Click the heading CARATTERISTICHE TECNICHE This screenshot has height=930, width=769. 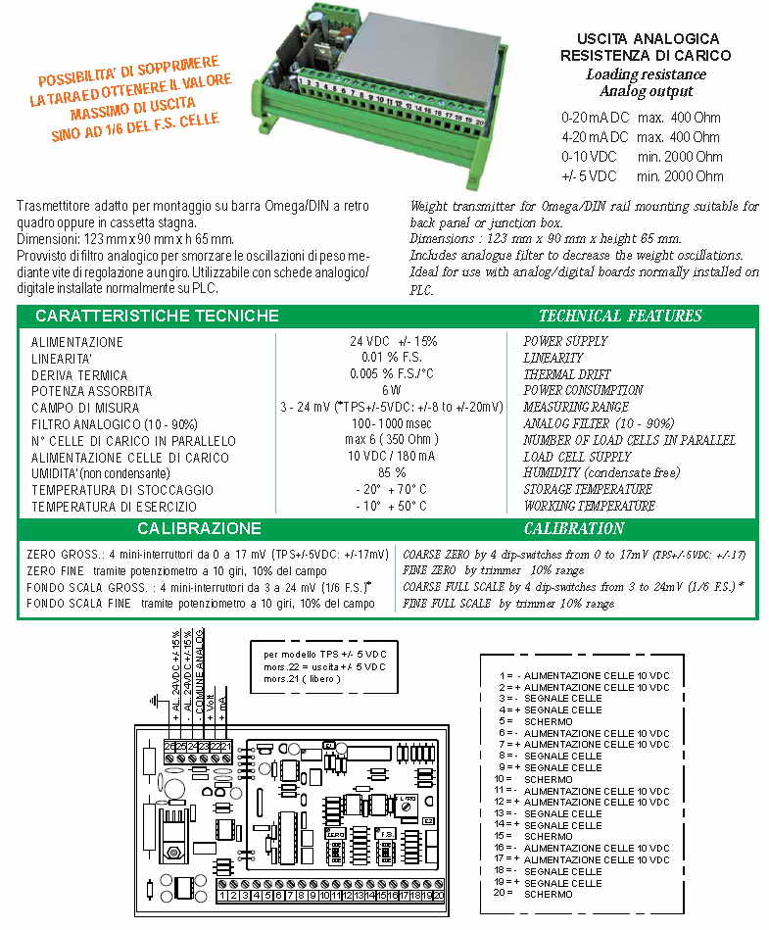(157, 316)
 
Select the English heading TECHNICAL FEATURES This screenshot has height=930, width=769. (620, 316)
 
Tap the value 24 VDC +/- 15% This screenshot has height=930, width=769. (394, 341)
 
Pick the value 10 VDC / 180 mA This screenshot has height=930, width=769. (392, 457)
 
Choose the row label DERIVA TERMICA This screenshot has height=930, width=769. (79, 375)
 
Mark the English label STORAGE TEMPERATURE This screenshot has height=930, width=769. (587, 489)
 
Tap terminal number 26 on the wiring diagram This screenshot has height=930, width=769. (169, 748)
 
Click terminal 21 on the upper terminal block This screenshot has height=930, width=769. (227, 748)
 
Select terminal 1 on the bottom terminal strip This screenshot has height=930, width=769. (223, 895)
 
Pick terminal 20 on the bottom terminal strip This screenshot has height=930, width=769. (438, 895)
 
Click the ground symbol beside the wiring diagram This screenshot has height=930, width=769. (151, 700)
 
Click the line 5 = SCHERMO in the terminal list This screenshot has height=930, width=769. (543, 721)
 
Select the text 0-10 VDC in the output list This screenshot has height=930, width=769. (589, 157)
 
